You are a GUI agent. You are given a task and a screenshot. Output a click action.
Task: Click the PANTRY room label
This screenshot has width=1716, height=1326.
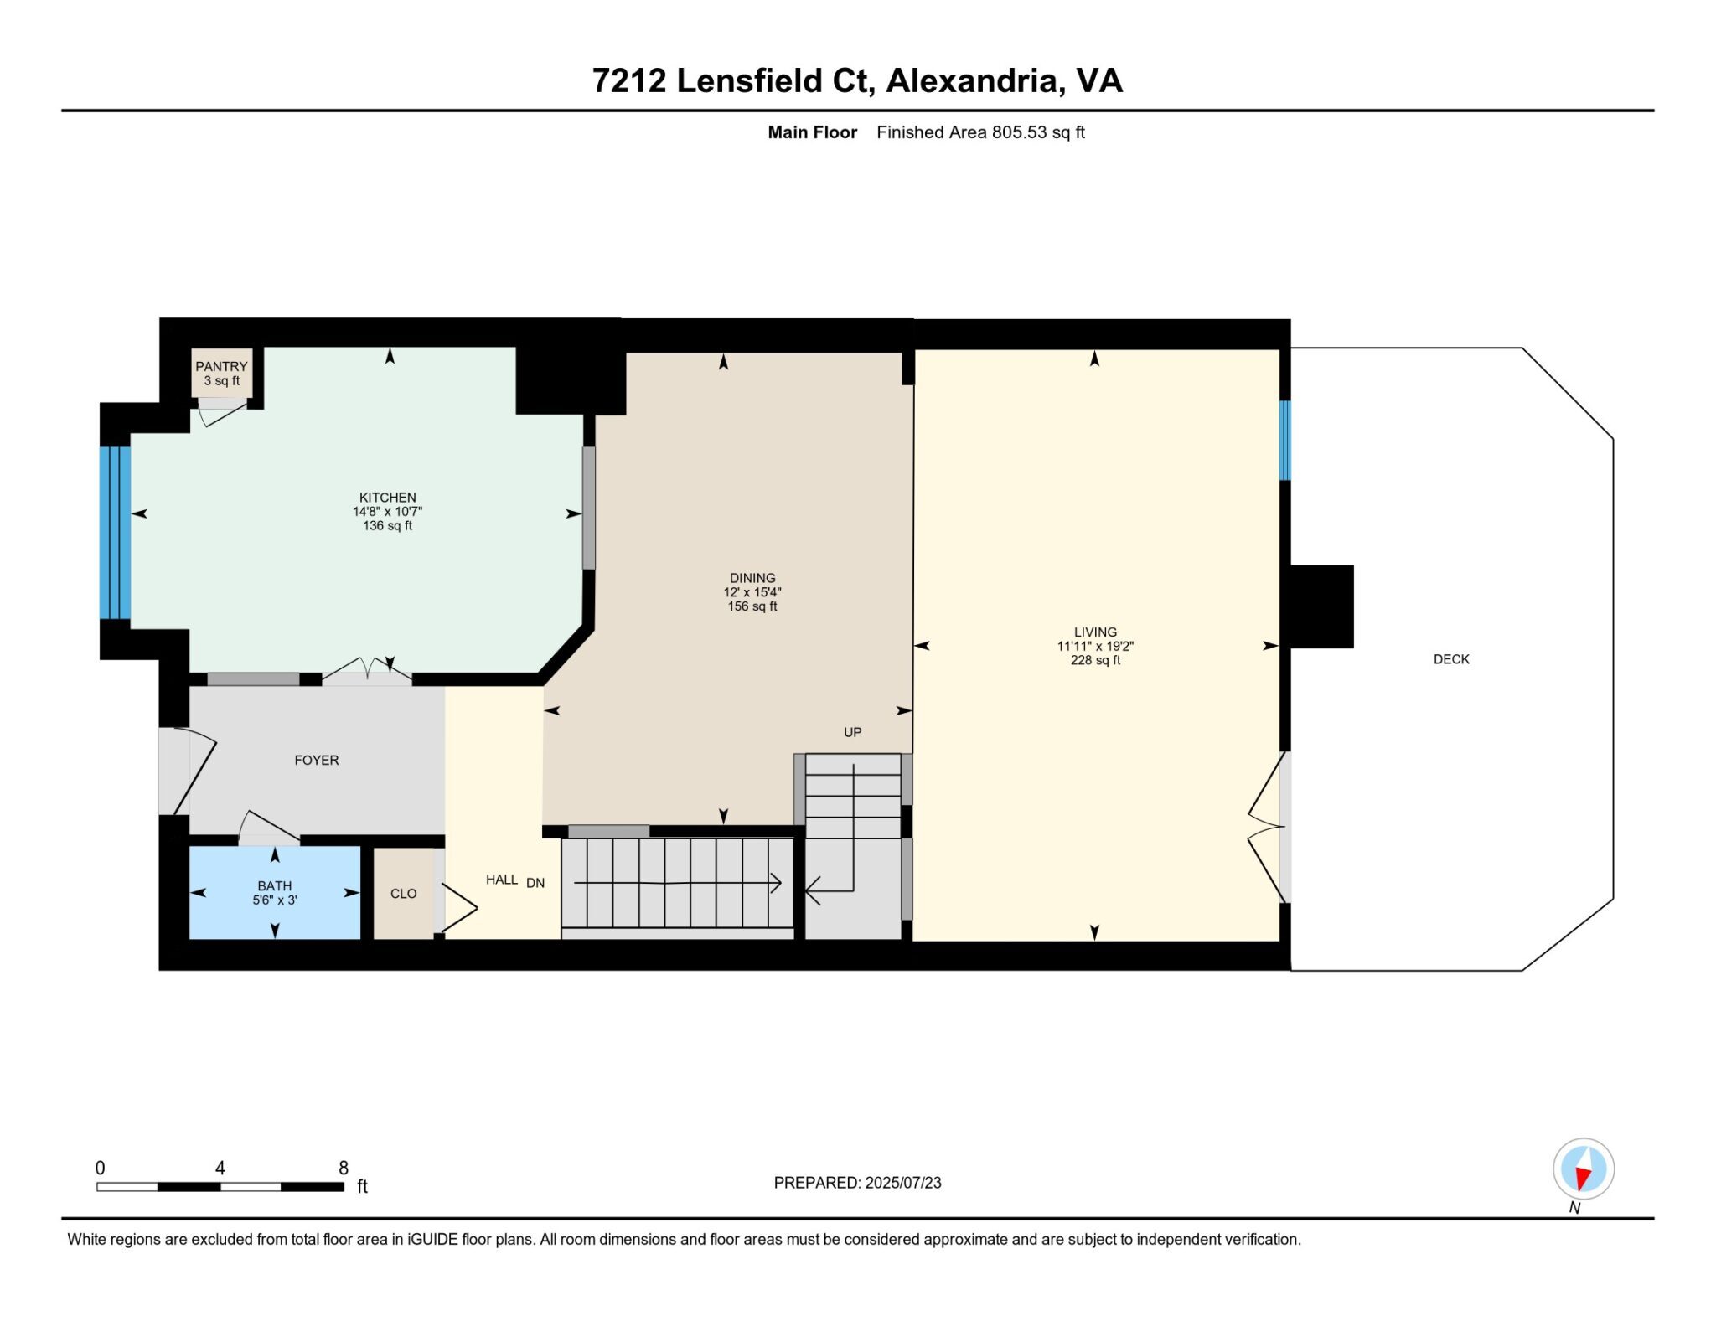(221, 366)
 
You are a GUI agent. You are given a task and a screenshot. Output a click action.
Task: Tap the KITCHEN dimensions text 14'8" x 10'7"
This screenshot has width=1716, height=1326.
(387, 511)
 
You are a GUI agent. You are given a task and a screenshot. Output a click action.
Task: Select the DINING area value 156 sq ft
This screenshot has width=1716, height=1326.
(752, 606)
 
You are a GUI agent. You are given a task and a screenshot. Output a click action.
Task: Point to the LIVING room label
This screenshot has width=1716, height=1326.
(1095, 632)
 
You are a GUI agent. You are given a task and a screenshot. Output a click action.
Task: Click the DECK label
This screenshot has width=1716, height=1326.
(1451, 659)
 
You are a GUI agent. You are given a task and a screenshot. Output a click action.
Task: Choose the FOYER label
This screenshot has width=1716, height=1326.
(317, 760)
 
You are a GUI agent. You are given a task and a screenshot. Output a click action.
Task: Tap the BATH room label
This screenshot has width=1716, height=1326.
(275, 885)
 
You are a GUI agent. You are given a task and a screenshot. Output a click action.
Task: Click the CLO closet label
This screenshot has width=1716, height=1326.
(403, 894)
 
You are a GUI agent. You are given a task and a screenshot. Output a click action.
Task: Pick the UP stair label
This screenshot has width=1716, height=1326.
(853, 732)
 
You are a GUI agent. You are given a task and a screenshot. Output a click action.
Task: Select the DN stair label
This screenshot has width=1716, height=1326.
(535, 883)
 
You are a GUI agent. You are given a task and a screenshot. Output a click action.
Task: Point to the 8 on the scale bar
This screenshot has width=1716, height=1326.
(344, 1168)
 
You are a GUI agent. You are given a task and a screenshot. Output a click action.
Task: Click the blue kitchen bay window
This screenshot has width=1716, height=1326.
(115, 533)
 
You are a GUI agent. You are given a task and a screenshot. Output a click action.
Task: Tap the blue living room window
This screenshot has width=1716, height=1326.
(1284, 440)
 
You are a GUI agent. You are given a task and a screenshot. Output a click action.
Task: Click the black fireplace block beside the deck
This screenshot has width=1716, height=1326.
(1321, 606)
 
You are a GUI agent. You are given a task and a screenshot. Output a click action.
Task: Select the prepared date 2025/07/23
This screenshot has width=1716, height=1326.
(903, 1183)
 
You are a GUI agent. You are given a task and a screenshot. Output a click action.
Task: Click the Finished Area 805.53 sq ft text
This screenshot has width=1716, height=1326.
(980, 132)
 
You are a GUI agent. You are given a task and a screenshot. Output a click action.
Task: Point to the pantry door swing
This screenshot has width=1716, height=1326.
(222, 413)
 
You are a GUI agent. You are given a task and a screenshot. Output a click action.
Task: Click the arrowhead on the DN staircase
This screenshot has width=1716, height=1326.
(777, 883)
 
